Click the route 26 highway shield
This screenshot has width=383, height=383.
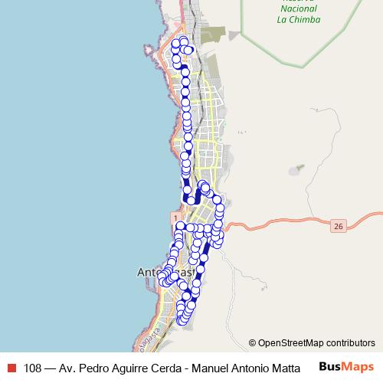coord(339,226)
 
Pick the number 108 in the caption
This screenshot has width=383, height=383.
coord(34,367)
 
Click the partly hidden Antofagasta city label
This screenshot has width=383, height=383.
coord(150,272)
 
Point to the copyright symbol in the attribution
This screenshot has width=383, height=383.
coord(253,342)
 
